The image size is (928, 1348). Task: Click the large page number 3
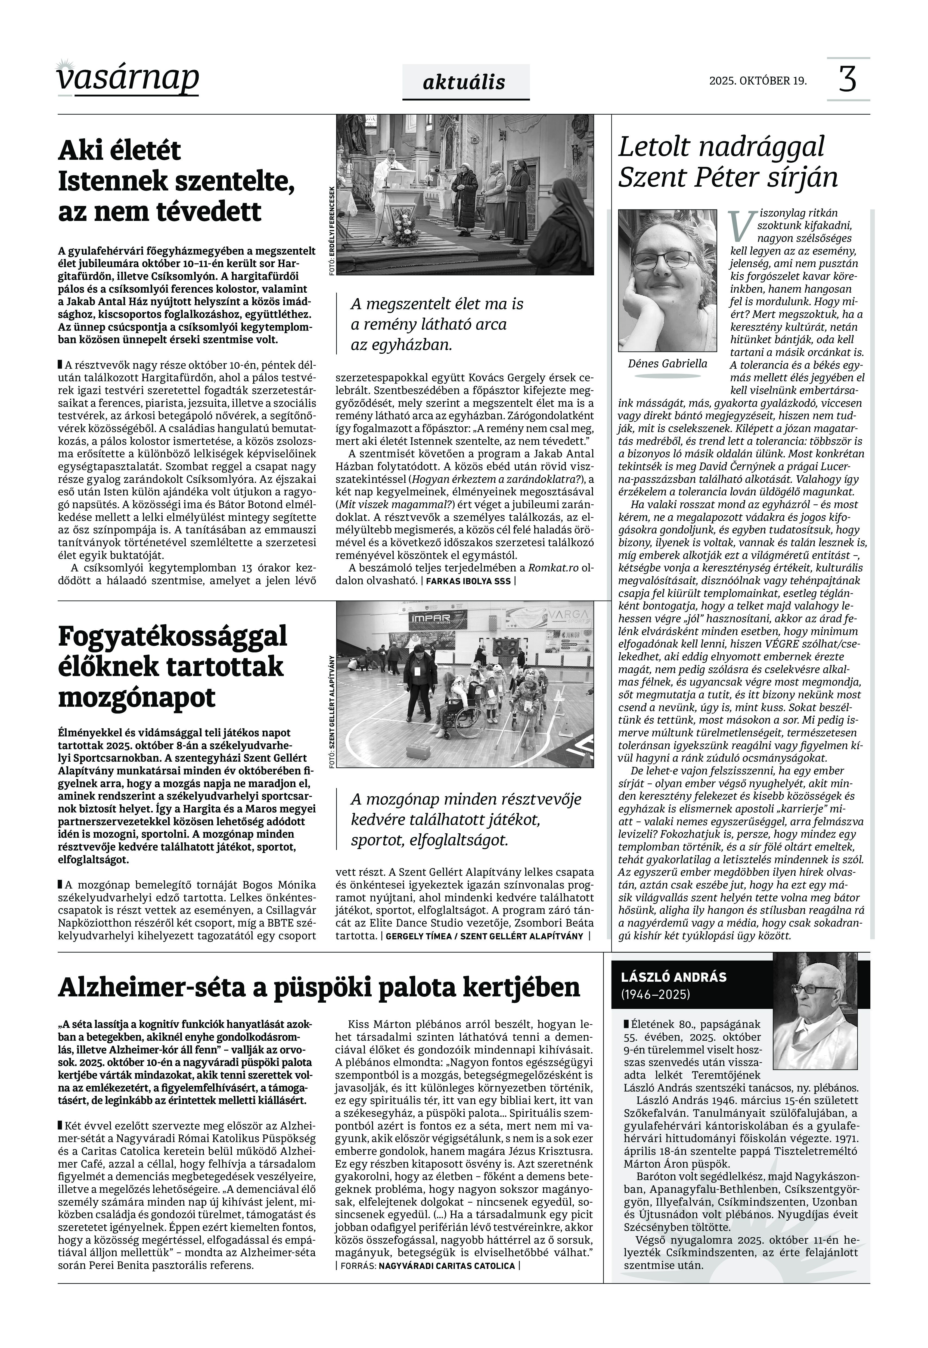tap(848, 79)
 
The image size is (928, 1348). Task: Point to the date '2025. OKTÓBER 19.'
tap(758, 81)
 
